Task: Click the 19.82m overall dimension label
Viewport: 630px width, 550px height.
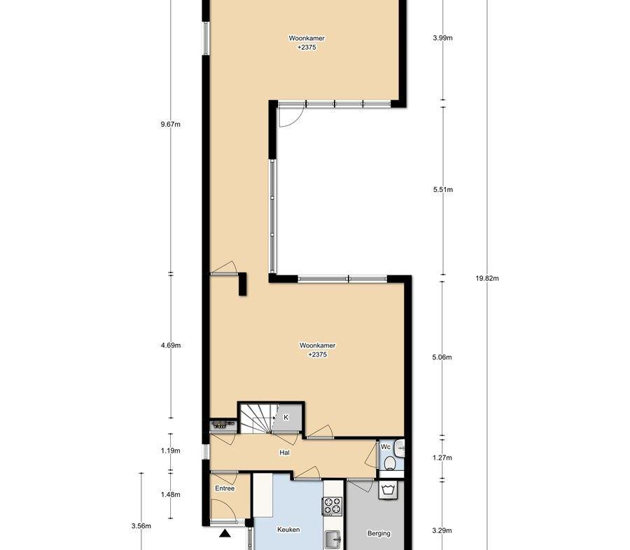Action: pos(487,278)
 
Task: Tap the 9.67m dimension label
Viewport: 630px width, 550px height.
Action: pos(170,124)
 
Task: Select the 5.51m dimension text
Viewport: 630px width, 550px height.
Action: pos(443,189)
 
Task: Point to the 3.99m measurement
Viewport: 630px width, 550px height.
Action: pos(443,39)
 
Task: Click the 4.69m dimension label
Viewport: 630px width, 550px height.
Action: pos(170,345)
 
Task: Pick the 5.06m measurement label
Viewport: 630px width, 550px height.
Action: pos(442,357)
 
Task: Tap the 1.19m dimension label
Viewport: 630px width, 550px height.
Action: pos(170,451)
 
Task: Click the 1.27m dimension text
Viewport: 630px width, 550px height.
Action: pos(442,458)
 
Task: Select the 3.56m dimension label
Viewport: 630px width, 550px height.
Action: pos(141,526)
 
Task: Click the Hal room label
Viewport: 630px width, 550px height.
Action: pos(284,453)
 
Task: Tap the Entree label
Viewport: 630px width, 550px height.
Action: pos(225,488)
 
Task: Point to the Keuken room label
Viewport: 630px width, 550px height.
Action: pos(288,530)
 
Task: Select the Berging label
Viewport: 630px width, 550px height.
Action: pos(379,533)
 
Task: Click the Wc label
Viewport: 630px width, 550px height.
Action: pos(385,447)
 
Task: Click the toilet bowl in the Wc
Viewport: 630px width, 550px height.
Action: pos(389,464)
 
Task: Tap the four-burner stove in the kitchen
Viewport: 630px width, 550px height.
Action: pos(332,506)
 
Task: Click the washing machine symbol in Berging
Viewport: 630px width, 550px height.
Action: pos(388,490)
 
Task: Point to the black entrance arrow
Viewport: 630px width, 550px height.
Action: pos(225,534)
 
